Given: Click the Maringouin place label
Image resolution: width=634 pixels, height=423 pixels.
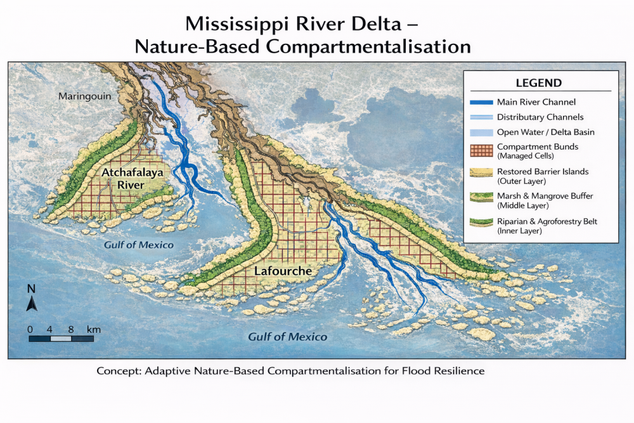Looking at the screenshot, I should coord(84,97).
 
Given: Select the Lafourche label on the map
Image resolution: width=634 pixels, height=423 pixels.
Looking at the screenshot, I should coord(283,271).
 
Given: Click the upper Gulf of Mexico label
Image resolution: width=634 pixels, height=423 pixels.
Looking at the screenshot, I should coord(139,245).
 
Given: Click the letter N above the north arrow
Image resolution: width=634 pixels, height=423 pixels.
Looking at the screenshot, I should coord(31,289).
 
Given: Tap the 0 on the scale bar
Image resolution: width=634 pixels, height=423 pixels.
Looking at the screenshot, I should coord(30,330).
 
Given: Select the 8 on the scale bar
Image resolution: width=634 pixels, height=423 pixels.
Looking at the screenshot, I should coord(71,330).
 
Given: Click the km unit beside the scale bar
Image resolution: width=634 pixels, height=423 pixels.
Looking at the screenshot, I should coord(94,330).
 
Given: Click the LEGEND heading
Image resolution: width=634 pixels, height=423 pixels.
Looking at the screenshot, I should coord(538,83).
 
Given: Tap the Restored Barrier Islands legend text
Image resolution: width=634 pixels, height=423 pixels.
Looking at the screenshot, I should coord(543,172).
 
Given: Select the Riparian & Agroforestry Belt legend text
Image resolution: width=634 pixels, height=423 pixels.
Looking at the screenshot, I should coord(547,221).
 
